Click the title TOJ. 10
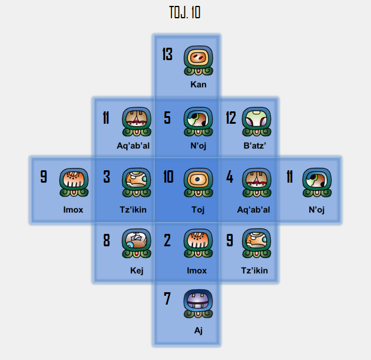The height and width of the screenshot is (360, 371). point(184,12)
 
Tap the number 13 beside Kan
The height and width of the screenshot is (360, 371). point(167,55)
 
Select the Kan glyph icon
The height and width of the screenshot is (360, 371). point(198,61)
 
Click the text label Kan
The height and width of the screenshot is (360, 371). point(198,84)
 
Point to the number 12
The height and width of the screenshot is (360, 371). point(231,118)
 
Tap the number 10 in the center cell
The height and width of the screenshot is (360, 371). point(168,177)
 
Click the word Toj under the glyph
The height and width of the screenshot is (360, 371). point(198,210)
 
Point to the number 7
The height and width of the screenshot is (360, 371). point(167,299)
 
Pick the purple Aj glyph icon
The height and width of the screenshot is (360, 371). point(198,305)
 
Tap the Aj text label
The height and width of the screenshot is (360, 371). point(198,331)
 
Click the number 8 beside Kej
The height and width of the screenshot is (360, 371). point(107,240)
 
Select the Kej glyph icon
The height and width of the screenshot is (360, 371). point(137,243)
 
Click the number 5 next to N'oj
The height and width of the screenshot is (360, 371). point(167,118)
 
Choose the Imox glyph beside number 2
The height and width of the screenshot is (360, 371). point(198,243)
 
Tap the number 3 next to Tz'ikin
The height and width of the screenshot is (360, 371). point(107,177)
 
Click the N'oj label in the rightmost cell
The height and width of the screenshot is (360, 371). point(316,210)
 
